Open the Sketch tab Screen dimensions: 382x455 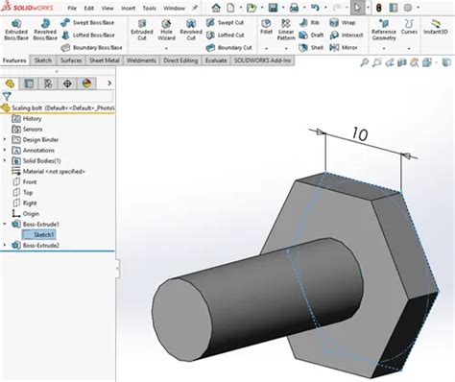point(43,59)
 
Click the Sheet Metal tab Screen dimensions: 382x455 point(105,59)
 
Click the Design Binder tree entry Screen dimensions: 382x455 point(41,138)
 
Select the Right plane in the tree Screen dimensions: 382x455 point(29,202)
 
